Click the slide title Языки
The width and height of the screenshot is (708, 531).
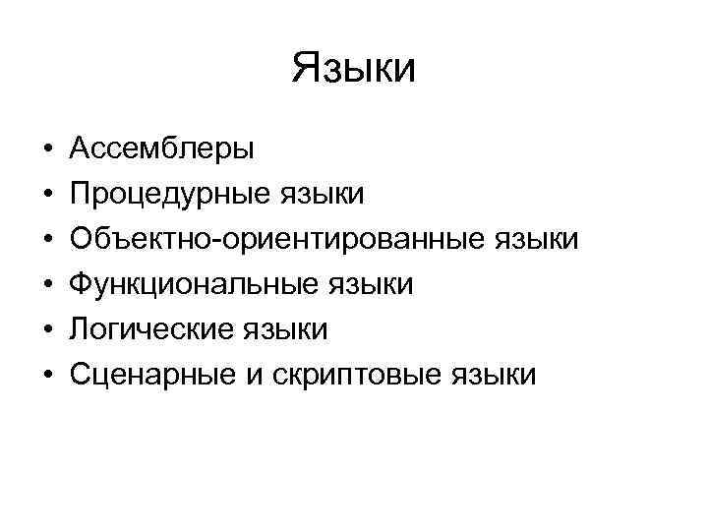[x=354, y=69]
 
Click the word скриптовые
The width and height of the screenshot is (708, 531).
[x=359, y=375]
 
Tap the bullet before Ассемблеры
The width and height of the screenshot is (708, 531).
[x=47, y=150]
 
